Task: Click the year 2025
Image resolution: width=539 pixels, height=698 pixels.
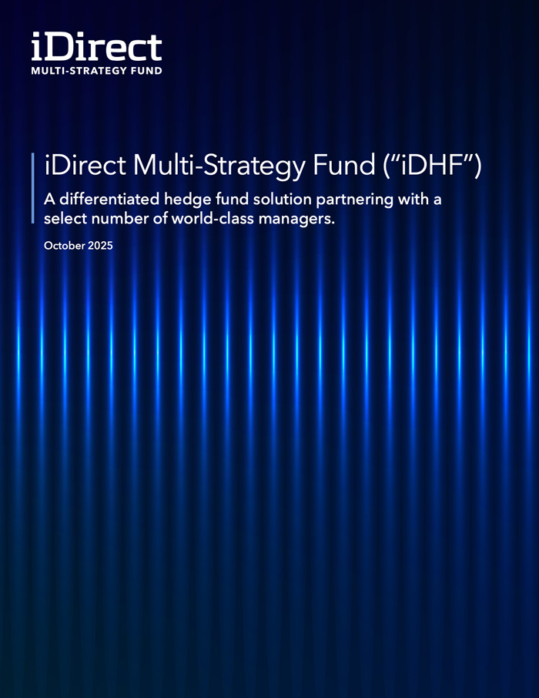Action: tap(99, 247)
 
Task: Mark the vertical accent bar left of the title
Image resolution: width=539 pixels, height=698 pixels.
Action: tap(33, 188)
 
